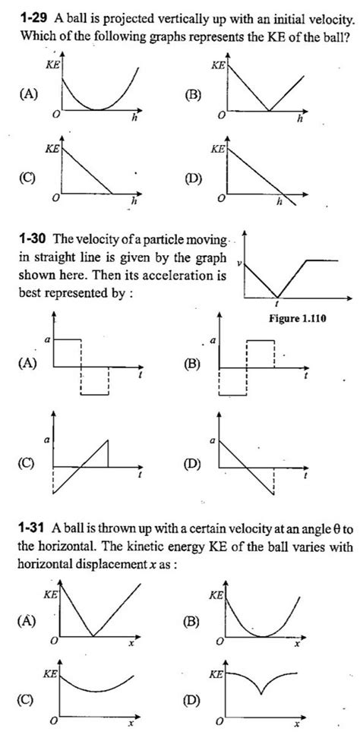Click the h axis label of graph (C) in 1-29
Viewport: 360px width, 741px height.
pos(134,202)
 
